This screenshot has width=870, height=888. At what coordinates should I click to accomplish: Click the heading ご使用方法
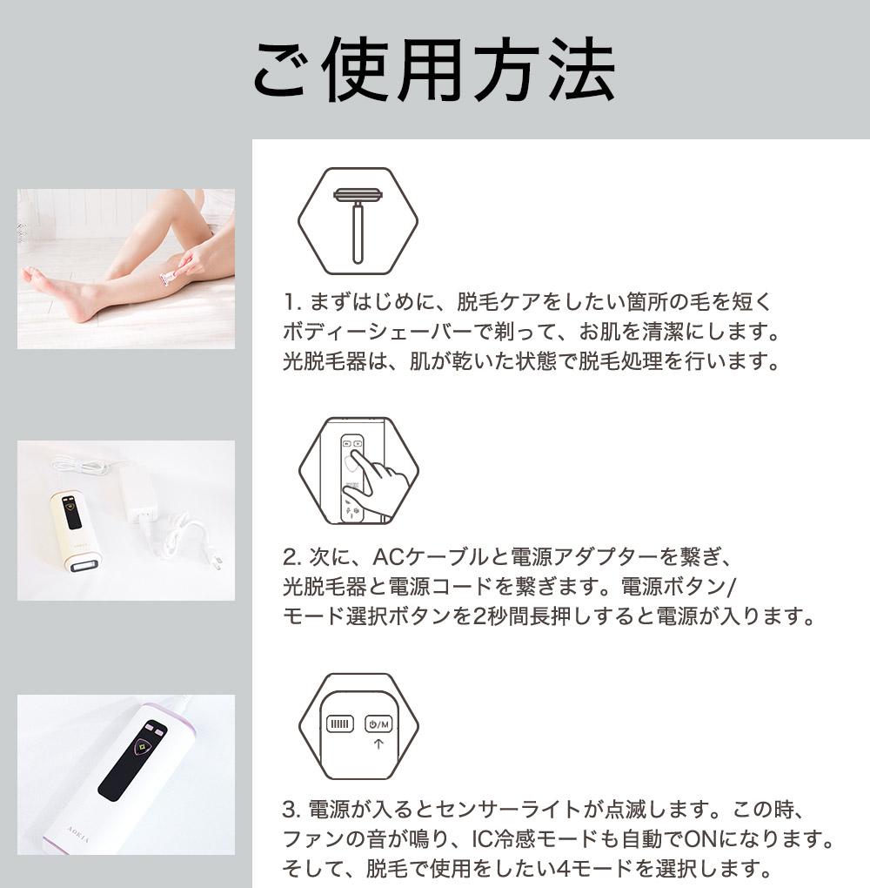[x=434, y=69]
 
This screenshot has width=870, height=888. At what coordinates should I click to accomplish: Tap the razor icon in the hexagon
[x=358, y=219]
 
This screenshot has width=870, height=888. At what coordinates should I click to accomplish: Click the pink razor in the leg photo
[x=167, y=277]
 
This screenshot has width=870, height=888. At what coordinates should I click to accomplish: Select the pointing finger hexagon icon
[x=358, y=470]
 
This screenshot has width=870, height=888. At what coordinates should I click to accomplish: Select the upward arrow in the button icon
[x=378, y=745]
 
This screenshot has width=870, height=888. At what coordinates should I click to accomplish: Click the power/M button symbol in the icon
[x=378, y=723]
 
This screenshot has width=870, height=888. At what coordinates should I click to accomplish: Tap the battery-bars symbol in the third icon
[x=339, y=723]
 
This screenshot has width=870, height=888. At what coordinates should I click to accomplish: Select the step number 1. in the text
[x=291, y=303]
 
